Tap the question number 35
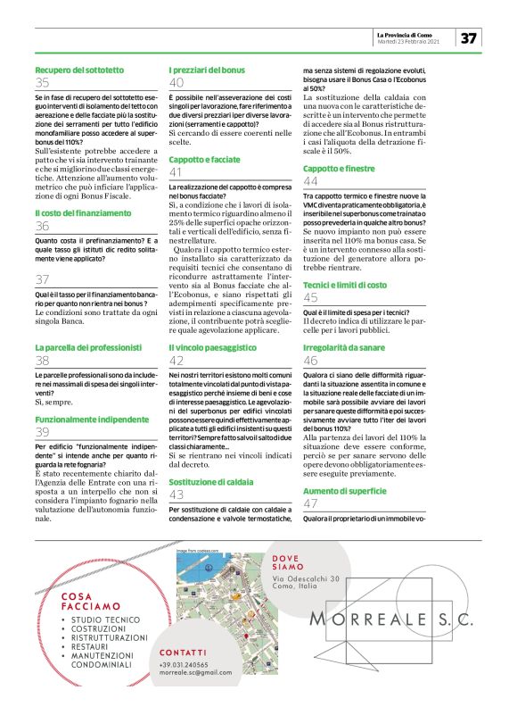pyautogui.click(x=43, y=83)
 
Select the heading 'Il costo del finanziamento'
pyautogui.click(x=73, y=213)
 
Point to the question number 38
pyautogui.click(x=43, y=361)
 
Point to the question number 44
pyautogui.click(x=311, y=181)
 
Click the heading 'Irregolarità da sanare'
pyautogui.click(x=342, y=346)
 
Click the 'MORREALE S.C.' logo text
pyautogui.click(x=391, y=619)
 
